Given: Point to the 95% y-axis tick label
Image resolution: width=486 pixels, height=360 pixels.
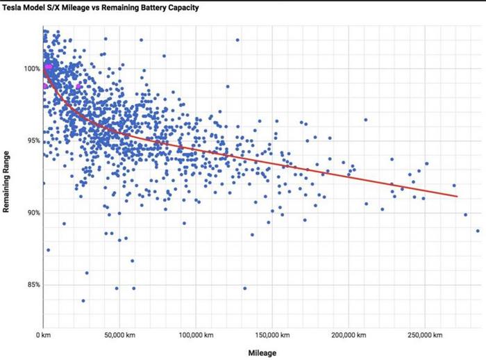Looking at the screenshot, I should [31, 141].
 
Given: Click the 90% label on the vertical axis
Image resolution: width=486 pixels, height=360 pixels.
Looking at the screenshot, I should [31, 213].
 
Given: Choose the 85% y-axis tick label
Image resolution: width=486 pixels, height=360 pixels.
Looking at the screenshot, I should [31, 285].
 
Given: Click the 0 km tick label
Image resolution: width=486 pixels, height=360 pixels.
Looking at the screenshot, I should [44, 336].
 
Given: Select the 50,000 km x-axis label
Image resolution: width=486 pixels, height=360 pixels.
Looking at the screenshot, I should [119, 336].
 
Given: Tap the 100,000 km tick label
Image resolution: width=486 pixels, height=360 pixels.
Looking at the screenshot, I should [195, 336].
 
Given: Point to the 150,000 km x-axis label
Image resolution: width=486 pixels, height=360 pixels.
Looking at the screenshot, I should [270, 336].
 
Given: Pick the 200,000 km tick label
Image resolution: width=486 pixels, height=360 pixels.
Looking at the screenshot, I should [346, 336].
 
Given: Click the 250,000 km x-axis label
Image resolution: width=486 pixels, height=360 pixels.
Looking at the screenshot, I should [421, 336].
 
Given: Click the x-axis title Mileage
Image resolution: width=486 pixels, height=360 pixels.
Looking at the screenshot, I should [262, 353].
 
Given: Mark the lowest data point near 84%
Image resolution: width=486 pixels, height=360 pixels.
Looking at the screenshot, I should [83, 301].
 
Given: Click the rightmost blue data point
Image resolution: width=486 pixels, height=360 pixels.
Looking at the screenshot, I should [478, 231].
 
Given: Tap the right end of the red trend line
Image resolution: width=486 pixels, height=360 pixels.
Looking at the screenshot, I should [458, 197].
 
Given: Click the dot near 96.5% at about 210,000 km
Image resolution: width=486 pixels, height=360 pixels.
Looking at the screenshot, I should [365, 120].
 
